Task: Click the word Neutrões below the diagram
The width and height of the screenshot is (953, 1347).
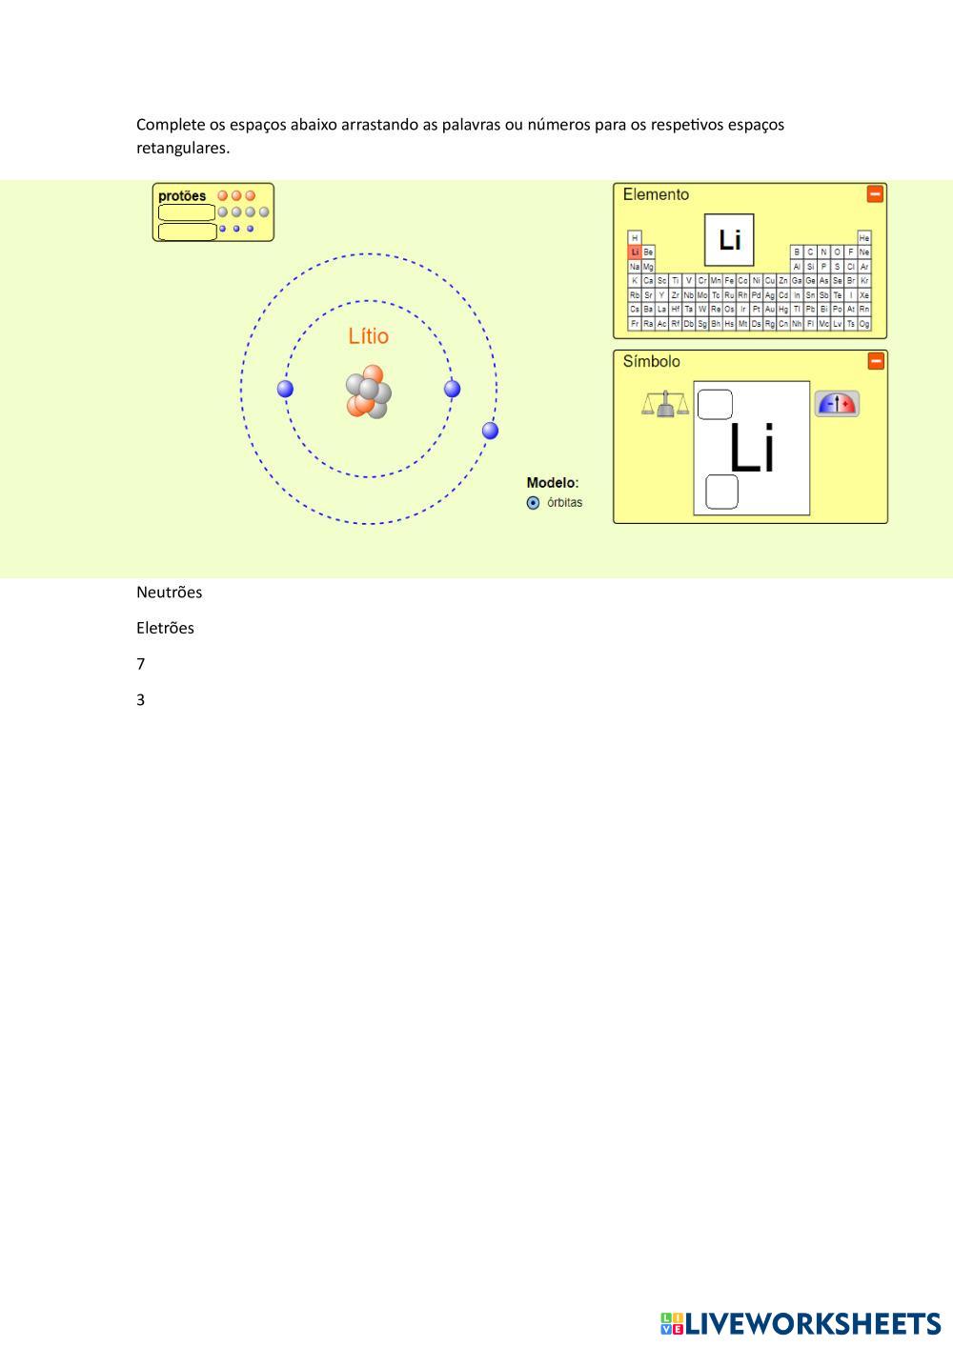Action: click(169, 593)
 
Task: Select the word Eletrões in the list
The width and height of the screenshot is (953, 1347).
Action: click(165, 628)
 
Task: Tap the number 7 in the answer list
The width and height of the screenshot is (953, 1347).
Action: click(141, 664)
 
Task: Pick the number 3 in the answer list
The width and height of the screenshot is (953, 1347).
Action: click(141, 700)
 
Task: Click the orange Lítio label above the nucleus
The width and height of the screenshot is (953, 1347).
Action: click(368, 336)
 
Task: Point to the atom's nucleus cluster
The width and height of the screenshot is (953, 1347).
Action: click(368, 392)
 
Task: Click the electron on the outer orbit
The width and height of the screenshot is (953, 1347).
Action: click(490, 431)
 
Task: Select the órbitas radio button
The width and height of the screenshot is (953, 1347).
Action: click(533, 503)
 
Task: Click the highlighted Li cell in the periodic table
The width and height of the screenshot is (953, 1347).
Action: click(635, 252)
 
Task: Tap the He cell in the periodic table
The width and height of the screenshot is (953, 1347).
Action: click(864, 238)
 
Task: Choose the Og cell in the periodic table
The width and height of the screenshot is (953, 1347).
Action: click(864, 324)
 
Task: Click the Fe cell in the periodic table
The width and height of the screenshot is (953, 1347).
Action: click(729, 281)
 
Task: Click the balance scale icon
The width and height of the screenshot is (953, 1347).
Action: click(664, 405)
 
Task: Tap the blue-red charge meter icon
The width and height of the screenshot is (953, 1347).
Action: click(837, 404)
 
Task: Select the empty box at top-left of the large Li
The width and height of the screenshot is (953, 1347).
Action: click(715, 405)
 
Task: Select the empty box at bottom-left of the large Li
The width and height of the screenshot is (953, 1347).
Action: click(721, 492)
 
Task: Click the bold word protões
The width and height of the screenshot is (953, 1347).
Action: click(182, 196)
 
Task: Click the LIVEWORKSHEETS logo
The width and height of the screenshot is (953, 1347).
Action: click(801, 1323)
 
